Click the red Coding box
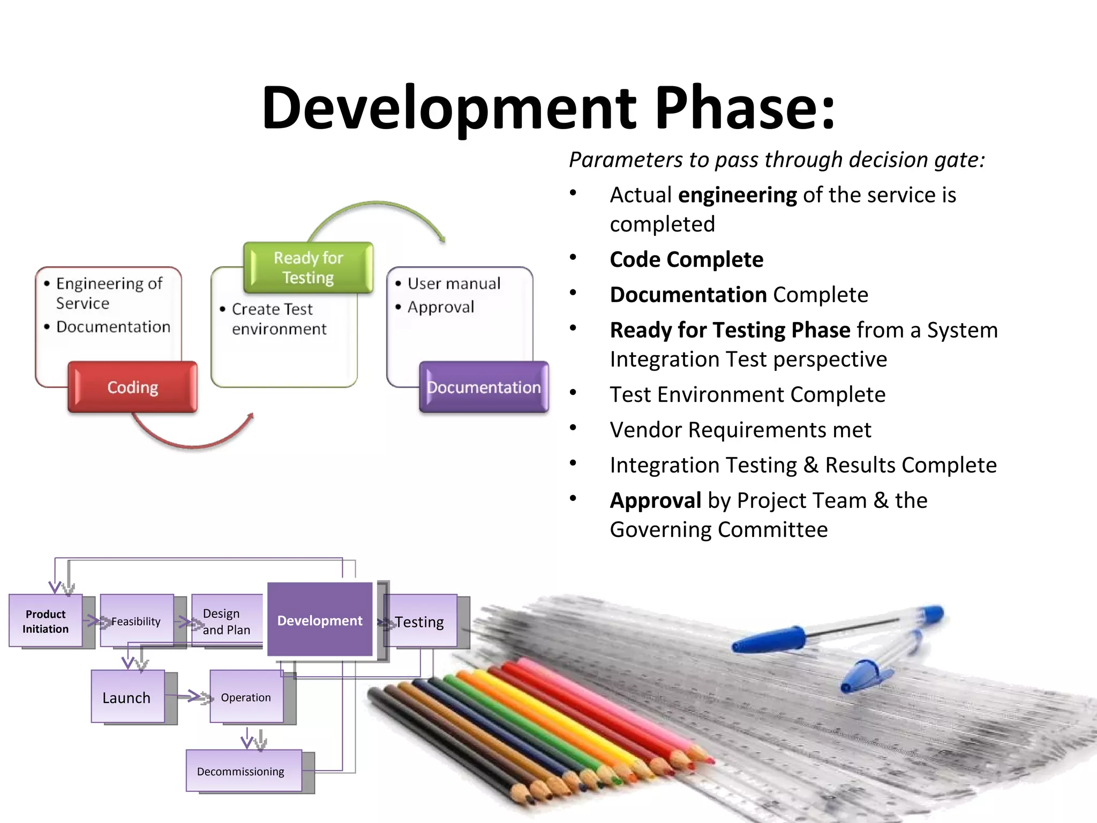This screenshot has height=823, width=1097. tap(132, 387)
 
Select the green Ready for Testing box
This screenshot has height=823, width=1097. tap(308, 267)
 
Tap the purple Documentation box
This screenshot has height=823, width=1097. tap(484, 387)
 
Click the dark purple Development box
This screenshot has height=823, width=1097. tap(320, 620)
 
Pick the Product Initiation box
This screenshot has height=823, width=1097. tap(46, 621)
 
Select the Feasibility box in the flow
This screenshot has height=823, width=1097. tap(136, 621)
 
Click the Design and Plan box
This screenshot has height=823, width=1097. tap(227, 621)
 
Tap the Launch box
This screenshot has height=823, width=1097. tap(127, 697)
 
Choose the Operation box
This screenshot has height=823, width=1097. tap(246, 697)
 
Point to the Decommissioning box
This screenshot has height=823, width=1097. tap(241, 771)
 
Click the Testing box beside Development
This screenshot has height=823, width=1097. tap(420, 622)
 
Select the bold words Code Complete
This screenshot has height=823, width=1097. tap(686, 259)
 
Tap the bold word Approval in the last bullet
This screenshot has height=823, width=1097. tap(655, 500)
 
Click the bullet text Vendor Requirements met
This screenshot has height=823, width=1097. tap(740, 430)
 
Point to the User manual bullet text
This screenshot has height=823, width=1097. tap(454, 283)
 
